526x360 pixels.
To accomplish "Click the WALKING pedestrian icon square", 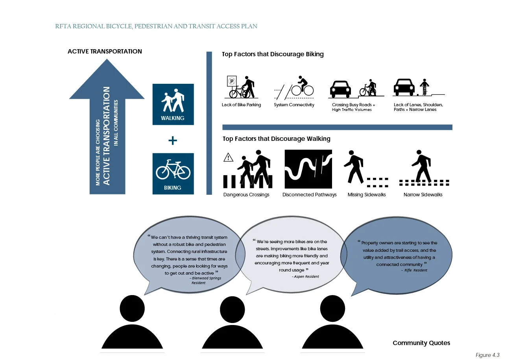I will (173, 104).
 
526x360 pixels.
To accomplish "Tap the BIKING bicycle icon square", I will (173, 174).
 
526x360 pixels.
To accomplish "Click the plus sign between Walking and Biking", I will (173, 140).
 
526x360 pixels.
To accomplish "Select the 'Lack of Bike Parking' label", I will (241, 105).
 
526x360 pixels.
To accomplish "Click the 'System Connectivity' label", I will (294, 105).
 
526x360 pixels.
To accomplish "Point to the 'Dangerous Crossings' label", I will (246, 195).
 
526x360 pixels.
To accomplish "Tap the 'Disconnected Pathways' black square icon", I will (308, 169).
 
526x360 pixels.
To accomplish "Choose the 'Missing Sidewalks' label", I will (367, 195).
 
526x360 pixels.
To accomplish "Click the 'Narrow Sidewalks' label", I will (423, 195).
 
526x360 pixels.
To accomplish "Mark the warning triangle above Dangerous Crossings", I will (228, 158).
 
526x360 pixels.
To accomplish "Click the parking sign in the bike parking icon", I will (232, 81).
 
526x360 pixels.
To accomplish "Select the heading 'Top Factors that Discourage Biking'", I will (273, 54).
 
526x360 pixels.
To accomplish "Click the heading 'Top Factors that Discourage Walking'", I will (276, 139).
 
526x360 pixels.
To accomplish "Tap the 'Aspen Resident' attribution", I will (306, 277).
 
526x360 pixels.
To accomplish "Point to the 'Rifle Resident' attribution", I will (415, 270).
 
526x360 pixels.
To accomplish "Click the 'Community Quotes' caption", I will (421, 343).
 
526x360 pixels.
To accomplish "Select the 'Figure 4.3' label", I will (487, 355).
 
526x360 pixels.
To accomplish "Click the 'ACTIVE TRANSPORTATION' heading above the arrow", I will (105, 52).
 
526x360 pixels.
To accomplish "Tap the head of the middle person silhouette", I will (233, 309).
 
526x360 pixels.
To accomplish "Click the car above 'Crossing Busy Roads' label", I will (340, 89).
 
